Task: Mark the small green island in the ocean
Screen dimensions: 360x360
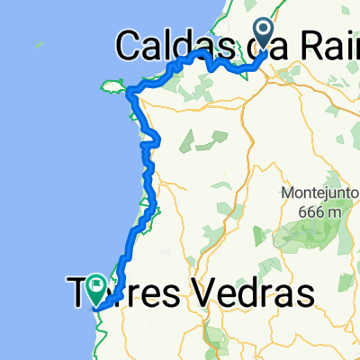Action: click(x=38, y=43)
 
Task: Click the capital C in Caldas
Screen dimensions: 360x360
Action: click(x=130, y=44)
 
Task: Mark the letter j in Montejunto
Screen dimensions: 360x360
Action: click(x=322, y=194)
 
